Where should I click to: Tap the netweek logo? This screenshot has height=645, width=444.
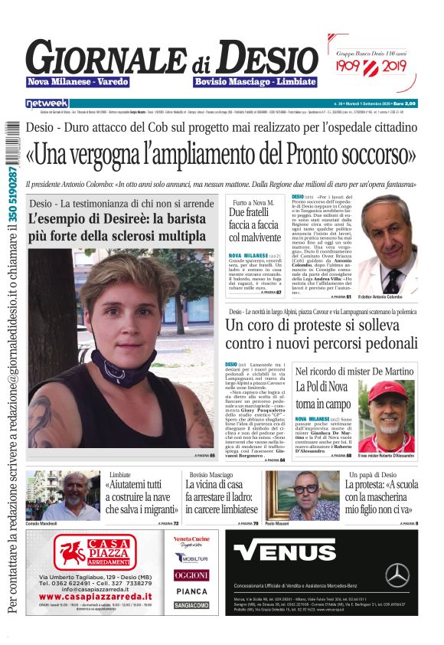(x=47, y=103)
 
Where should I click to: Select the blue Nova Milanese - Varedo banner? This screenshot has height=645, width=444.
(x=77, y=82)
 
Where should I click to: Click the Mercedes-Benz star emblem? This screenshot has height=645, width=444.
(x=397, y=574)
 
